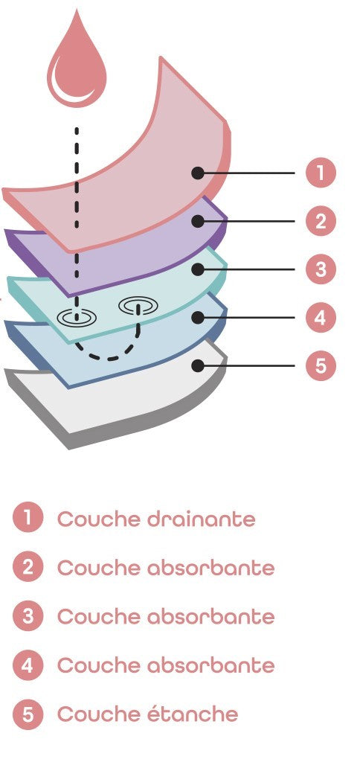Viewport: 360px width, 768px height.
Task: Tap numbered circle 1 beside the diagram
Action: pyautogui.click(x=321, y=173)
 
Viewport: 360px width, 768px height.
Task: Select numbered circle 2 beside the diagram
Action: pyautogui.click(x=321, y=221)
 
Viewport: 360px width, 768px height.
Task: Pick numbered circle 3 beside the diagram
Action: pyautogui.click(x=321, y=269)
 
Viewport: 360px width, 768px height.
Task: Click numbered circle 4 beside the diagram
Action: pyautogui.click(x=321, y=317)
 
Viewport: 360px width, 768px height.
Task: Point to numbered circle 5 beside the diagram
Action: pyautogui.click(x=321, y=365)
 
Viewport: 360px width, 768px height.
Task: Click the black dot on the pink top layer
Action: pyautogui.click(x=197, y=173)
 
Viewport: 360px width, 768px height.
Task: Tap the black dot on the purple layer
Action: pyautogui.click(x=197, y=221)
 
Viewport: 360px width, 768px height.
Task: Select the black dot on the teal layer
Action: pyautogui.click(x=197, y=269)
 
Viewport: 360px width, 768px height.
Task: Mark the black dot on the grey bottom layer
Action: pyautogui.click(x=197, y=365)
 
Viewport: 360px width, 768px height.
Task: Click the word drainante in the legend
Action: pyautogui.click(x=202, y=519)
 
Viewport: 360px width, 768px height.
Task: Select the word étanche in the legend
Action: pyautogui.click(x=193, y=714)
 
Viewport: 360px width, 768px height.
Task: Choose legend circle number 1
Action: pyautogui.click(x=28, y=519)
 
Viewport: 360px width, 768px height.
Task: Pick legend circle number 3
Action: pyautogui.click(x=28, y=616)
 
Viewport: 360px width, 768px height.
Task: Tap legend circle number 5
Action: pyautogui.click(x=28, y=714)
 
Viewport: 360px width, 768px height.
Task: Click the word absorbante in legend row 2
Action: pyautogui.click(x=210, y=568)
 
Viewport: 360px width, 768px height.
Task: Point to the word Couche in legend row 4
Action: pyautogui.click(x=99, y=665)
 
